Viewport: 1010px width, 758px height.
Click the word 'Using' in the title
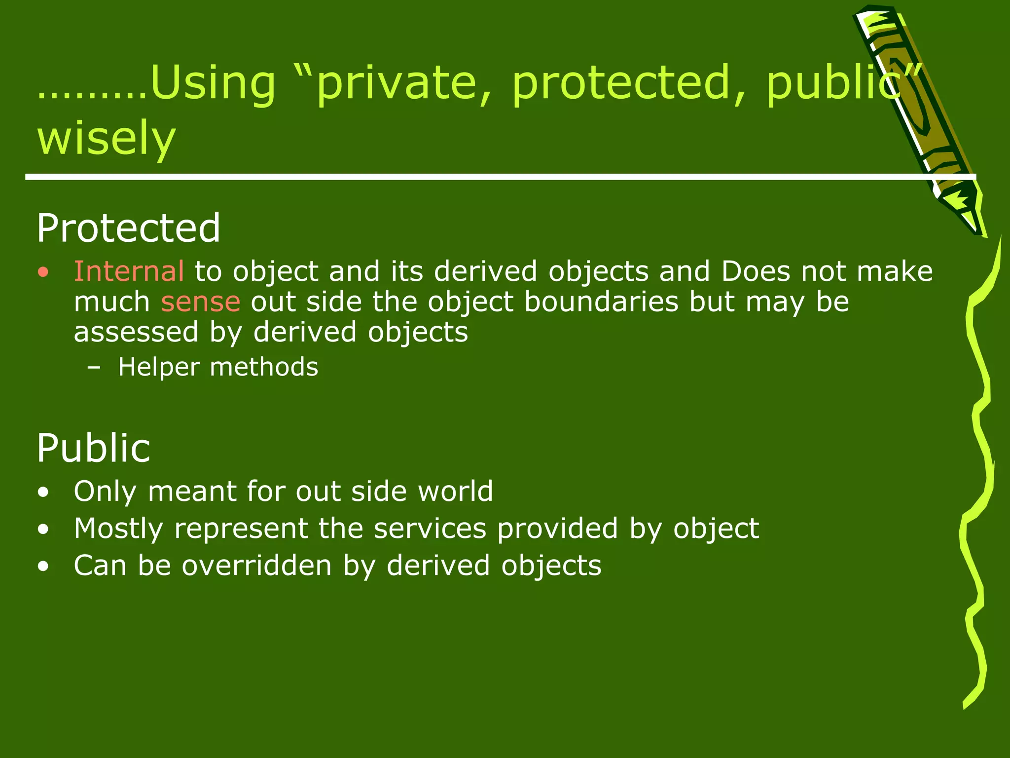click(x=212, y=83)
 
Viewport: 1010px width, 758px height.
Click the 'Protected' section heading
click(x=128, y=228)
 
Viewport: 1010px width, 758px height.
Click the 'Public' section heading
click(x=94, y=448)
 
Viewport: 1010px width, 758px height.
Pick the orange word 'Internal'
click(x=129, y=271)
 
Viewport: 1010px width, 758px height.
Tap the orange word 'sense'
click(x=201, y=302)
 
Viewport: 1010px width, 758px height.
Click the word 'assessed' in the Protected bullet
click(x=136, y=332)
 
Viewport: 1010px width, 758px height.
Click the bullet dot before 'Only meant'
click(x=44, y=492)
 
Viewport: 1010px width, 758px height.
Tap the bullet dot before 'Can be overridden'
click(x=44, y=567)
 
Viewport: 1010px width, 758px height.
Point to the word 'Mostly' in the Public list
click(x=118, y=529)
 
